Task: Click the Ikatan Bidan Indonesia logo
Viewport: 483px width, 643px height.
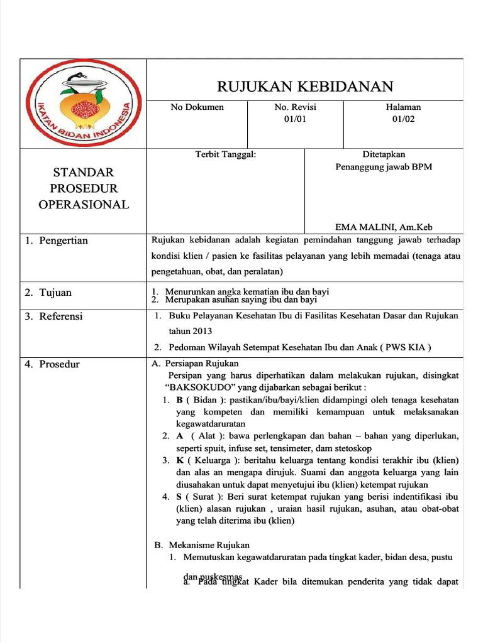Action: (83, 104)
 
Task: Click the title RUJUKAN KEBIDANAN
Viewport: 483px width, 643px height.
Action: (305, 86)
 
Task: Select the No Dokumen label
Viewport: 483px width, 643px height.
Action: (197, 107)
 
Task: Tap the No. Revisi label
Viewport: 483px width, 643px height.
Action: (295, 107)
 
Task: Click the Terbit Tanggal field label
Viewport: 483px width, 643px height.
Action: (225, 154)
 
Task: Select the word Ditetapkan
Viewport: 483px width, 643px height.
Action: (384, 154)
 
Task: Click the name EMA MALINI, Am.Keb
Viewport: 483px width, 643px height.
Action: (384, 227)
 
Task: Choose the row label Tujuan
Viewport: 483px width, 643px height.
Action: (55, 293)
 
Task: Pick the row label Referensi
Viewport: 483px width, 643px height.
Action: (60, 316)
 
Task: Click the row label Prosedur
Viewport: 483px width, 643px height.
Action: (59, 364)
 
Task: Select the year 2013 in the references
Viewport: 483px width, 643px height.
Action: (199, 332)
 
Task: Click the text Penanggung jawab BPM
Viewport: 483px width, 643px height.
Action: (384, 167)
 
